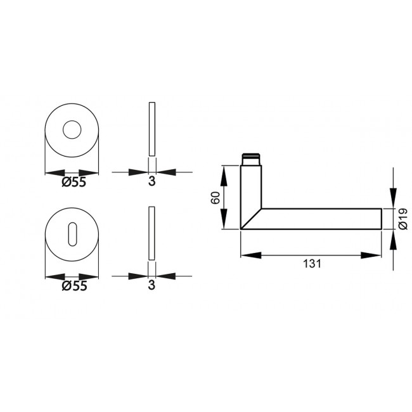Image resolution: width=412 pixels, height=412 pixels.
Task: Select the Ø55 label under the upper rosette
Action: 74,183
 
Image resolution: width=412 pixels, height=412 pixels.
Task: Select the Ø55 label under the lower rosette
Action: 74,286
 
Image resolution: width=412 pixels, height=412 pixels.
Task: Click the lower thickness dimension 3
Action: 151,286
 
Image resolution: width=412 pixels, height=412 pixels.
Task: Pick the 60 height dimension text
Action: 215,197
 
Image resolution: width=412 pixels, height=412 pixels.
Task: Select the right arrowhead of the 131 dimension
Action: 374,255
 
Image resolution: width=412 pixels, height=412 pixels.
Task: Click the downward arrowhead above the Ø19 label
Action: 393,199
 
